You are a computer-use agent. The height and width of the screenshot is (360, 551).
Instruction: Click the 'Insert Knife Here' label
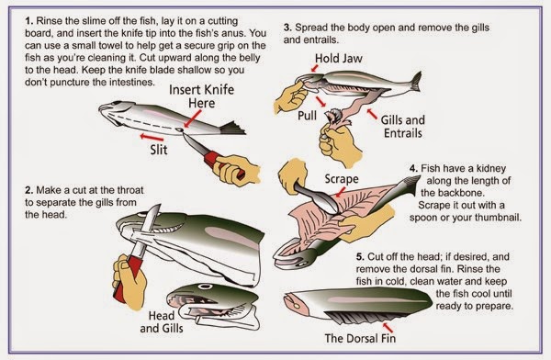click(x=202, y=96)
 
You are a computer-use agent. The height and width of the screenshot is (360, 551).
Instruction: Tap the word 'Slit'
click(x=159, y=150)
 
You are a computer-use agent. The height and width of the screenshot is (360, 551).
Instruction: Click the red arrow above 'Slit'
click(x=152, y=138)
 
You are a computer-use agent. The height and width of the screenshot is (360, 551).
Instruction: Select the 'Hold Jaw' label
click(x=338, y=59)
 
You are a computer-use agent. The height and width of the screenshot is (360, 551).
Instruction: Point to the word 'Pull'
click(x=307, y=116)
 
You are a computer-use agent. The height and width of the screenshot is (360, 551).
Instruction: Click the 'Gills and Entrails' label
click(x=403, y=127)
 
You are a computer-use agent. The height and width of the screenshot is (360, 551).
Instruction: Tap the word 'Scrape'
click(x=342, y=179)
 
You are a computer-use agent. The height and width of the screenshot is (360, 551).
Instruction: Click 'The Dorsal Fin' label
click(x=360, y=338)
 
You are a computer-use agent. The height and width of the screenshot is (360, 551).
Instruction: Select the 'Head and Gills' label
click(x=162, y=321)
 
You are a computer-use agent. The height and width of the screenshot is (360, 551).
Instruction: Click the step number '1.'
click(x=28, y=21)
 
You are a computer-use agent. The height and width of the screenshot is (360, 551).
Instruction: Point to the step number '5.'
click(x=360, y=257)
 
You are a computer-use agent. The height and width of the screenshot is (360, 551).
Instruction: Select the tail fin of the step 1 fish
click(x=232, y=129)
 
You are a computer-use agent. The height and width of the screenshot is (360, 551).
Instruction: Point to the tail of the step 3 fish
click(x=415, y=81)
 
